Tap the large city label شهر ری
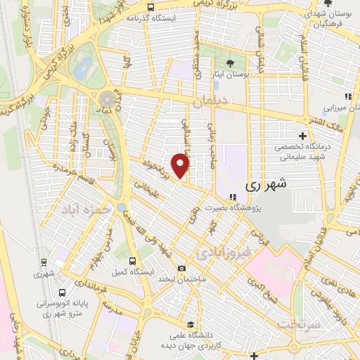tap(266, 184)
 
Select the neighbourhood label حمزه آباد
tap(86, 209)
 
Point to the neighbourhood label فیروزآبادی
tap(222, 251)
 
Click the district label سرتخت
tap(298, 323)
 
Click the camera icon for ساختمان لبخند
tap(181, 269)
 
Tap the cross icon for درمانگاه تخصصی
tap(302, 136)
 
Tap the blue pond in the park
tap(84, 68)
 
